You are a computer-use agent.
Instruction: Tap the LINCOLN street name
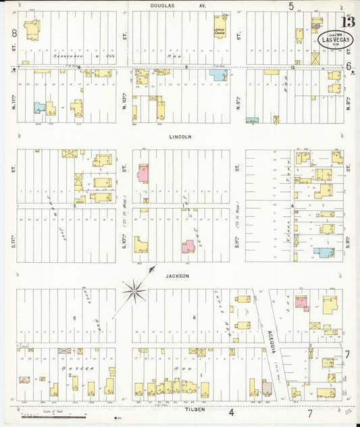[x=180, y=136]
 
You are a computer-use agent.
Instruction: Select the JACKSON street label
[x=179, y=276]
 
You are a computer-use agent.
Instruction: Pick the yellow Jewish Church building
[x=220, y=26]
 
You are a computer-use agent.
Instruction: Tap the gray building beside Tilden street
[x=267, y=387]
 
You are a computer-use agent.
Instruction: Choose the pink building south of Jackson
[x=301, y=302]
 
